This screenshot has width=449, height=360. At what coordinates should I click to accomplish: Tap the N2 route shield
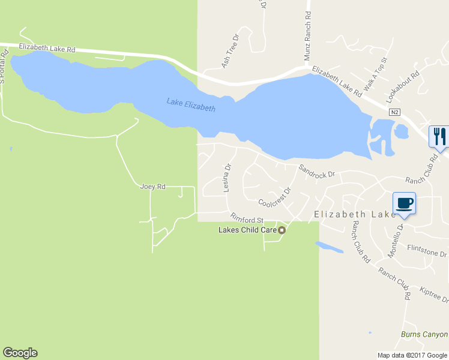[x=394, y=112]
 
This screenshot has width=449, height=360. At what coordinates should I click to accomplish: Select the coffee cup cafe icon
[x=404, y=202]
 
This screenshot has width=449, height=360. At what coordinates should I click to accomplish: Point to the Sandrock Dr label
[x=316, y=172]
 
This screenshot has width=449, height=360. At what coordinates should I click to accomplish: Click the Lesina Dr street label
[x=228, y=179]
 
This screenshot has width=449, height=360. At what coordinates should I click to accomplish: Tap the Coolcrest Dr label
[x=274, y=197]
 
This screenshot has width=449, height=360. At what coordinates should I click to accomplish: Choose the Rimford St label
[x=247, y=219]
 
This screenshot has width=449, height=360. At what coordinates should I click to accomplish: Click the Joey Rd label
[x=152, y=187]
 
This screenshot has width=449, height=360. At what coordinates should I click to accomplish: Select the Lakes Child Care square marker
[x=280, y=230]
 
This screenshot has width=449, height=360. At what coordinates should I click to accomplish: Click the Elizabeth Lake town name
[x=355, y=214]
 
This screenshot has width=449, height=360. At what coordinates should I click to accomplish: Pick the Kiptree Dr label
[x=434, y=293]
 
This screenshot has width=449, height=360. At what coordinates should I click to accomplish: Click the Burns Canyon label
[x=424, y=334]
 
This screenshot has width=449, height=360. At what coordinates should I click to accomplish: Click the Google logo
[x=20, y=353]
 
